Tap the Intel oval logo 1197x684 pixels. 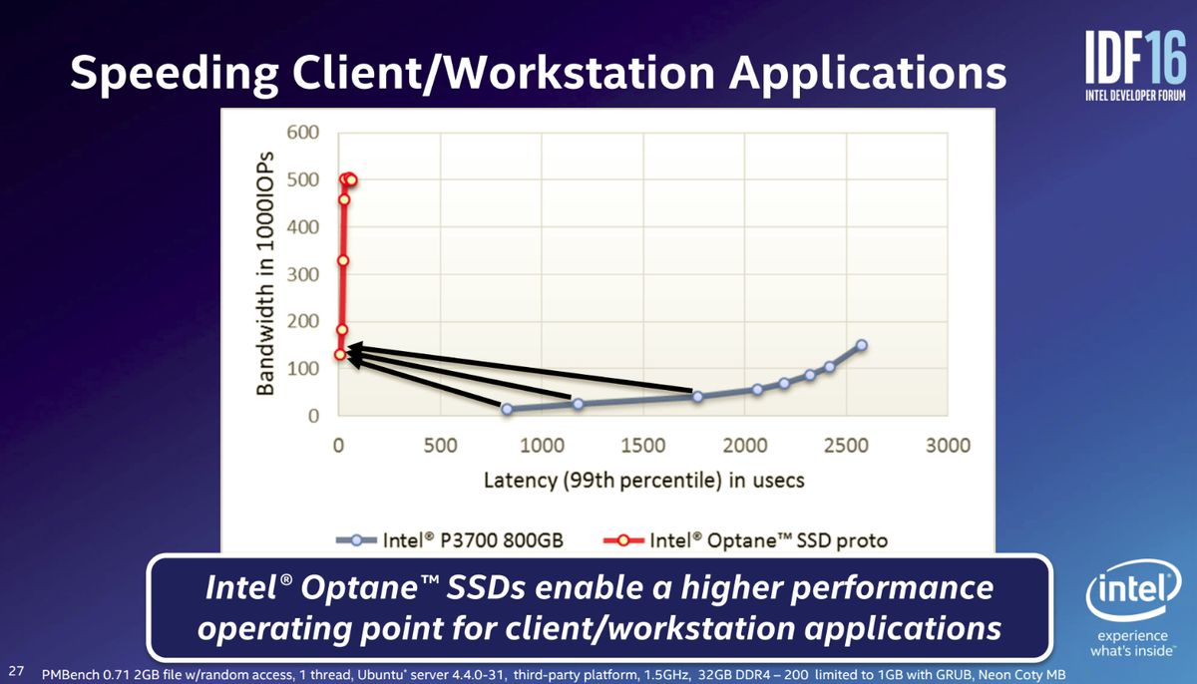1133,590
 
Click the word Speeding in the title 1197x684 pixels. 175,73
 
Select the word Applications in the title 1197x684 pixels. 868,73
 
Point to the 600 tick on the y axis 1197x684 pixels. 303,132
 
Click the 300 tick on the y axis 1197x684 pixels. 303,274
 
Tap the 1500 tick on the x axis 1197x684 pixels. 642,446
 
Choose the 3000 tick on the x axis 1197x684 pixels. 948,446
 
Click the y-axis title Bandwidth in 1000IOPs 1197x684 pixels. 265,273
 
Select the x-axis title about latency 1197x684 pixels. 644,481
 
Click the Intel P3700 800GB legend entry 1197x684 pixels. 450,540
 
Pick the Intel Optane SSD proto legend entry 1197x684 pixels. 745,540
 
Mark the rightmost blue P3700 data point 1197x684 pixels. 862,345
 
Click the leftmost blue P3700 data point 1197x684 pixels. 507,410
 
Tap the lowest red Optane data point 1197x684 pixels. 340,355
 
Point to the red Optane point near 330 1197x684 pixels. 343,260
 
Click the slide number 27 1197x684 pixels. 17,671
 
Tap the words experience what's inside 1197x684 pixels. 1132,643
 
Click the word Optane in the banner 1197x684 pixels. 360,588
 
